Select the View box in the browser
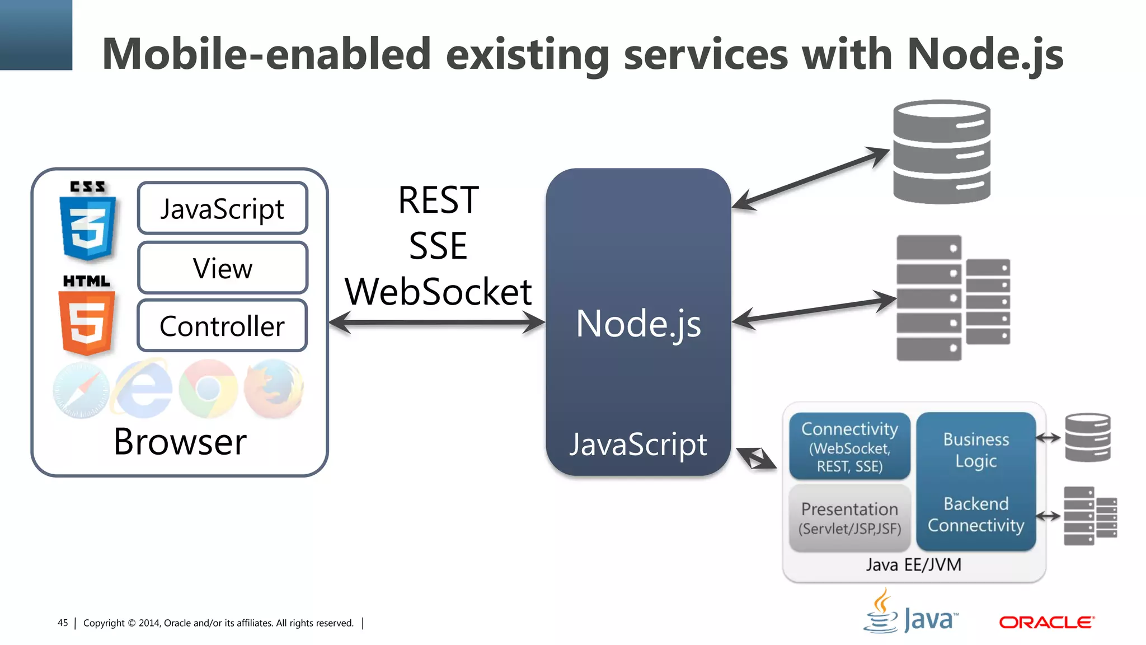(223, 268)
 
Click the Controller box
(223, 326)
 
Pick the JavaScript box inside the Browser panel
(223, 208)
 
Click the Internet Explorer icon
(143, 390)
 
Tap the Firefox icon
(274, 390)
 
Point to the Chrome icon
(208, 389)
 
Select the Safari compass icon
(81, 391)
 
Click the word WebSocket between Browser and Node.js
(438, 292)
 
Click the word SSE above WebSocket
(438, 246)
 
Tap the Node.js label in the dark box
(638, 324)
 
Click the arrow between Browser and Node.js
(437, 322)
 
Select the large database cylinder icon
(942, 152)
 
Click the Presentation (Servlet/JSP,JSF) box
(849, 518)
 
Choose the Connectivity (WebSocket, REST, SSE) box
(849, 446)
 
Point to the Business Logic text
(976, 450)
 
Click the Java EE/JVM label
(913, 564)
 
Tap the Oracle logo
(1046, 622)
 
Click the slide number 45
(63, 623)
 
